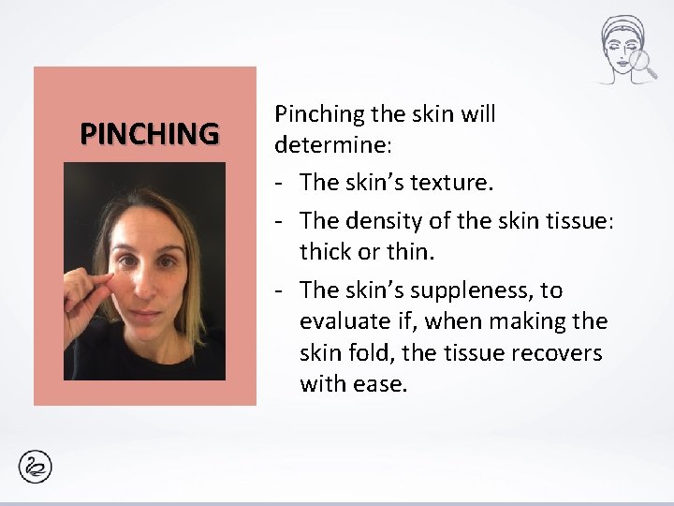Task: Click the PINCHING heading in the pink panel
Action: point(149,134)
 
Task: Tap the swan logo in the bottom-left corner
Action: point(35,467)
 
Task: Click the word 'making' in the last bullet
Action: point(524,321)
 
